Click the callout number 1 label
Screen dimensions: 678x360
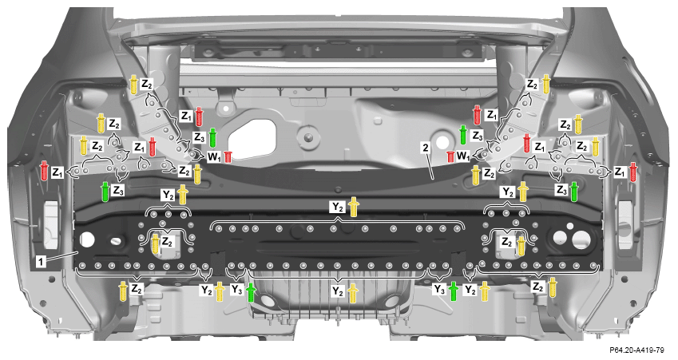point(41,262)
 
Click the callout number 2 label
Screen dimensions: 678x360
point(426,148)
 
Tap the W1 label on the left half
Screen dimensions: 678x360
point(214,156)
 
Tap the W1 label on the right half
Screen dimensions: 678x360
point(463,156)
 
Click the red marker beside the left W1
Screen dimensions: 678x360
point(228,157)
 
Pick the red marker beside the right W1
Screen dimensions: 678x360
point(450,156)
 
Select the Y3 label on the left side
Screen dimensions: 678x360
point(236,290)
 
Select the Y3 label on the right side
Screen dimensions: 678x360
point(439,290)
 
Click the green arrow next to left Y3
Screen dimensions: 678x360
point(251,292)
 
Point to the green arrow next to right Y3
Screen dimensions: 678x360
point(453,291)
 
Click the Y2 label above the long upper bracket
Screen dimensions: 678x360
point(338,208)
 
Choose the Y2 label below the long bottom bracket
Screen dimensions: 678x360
point(338,291)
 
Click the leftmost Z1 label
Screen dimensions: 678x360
point(57,172)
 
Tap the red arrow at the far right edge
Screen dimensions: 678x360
point(633,172)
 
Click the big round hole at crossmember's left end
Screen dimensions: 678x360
point(87,239)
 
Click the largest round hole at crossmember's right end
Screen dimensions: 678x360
point(580,239)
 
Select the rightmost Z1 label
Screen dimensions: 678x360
point(620,172)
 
